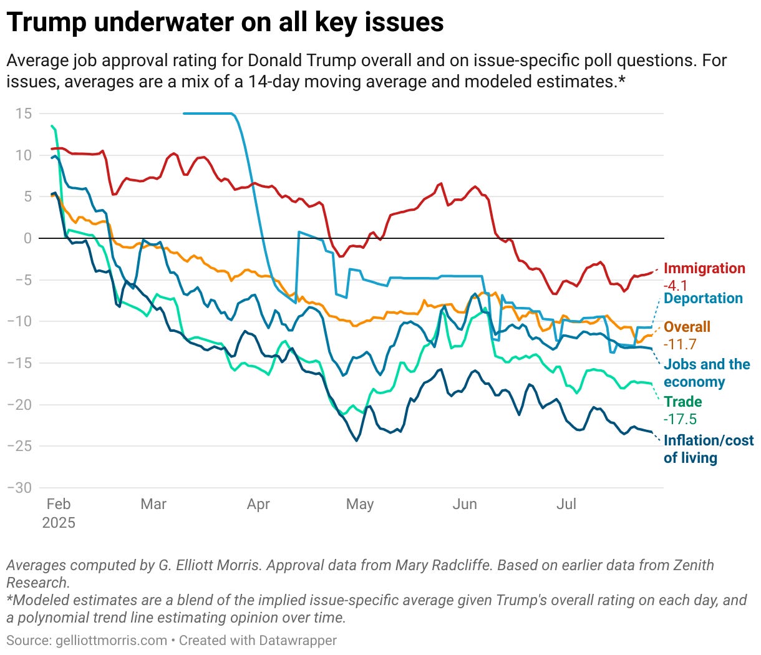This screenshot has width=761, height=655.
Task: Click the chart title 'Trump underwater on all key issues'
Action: coord(225,22)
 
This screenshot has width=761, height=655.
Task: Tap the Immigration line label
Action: coord(704,268)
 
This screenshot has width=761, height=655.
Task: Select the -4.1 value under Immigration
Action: coord(675,286)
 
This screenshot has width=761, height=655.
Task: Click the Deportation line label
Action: coord(703,298)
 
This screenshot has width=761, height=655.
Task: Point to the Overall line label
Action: coord(687,327)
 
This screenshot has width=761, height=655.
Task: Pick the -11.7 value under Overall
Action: coord(680,344)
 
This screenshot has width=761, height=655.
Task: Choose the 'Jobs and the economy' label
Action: coord(706,373)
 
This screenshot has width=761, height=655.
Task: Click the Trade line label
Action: coord(682,402)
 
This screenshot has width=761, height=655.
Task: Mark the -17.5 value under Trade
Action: coord(680,419)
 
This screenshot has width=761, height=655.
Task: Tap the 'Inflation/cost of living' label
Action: coord(708,449)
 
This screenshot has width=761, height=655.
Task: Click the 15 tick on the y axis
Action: coord(24,114)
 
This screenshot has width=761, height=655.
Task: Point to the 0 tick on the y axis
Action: coord(27,238)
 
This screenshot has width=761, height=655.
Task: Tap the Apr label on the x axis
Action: coord(258,504)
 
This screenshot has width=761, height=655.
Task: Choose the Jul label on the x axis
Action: coord(566,504)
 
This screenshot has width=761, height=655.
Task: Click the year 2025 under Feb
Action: coord(59,523)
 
